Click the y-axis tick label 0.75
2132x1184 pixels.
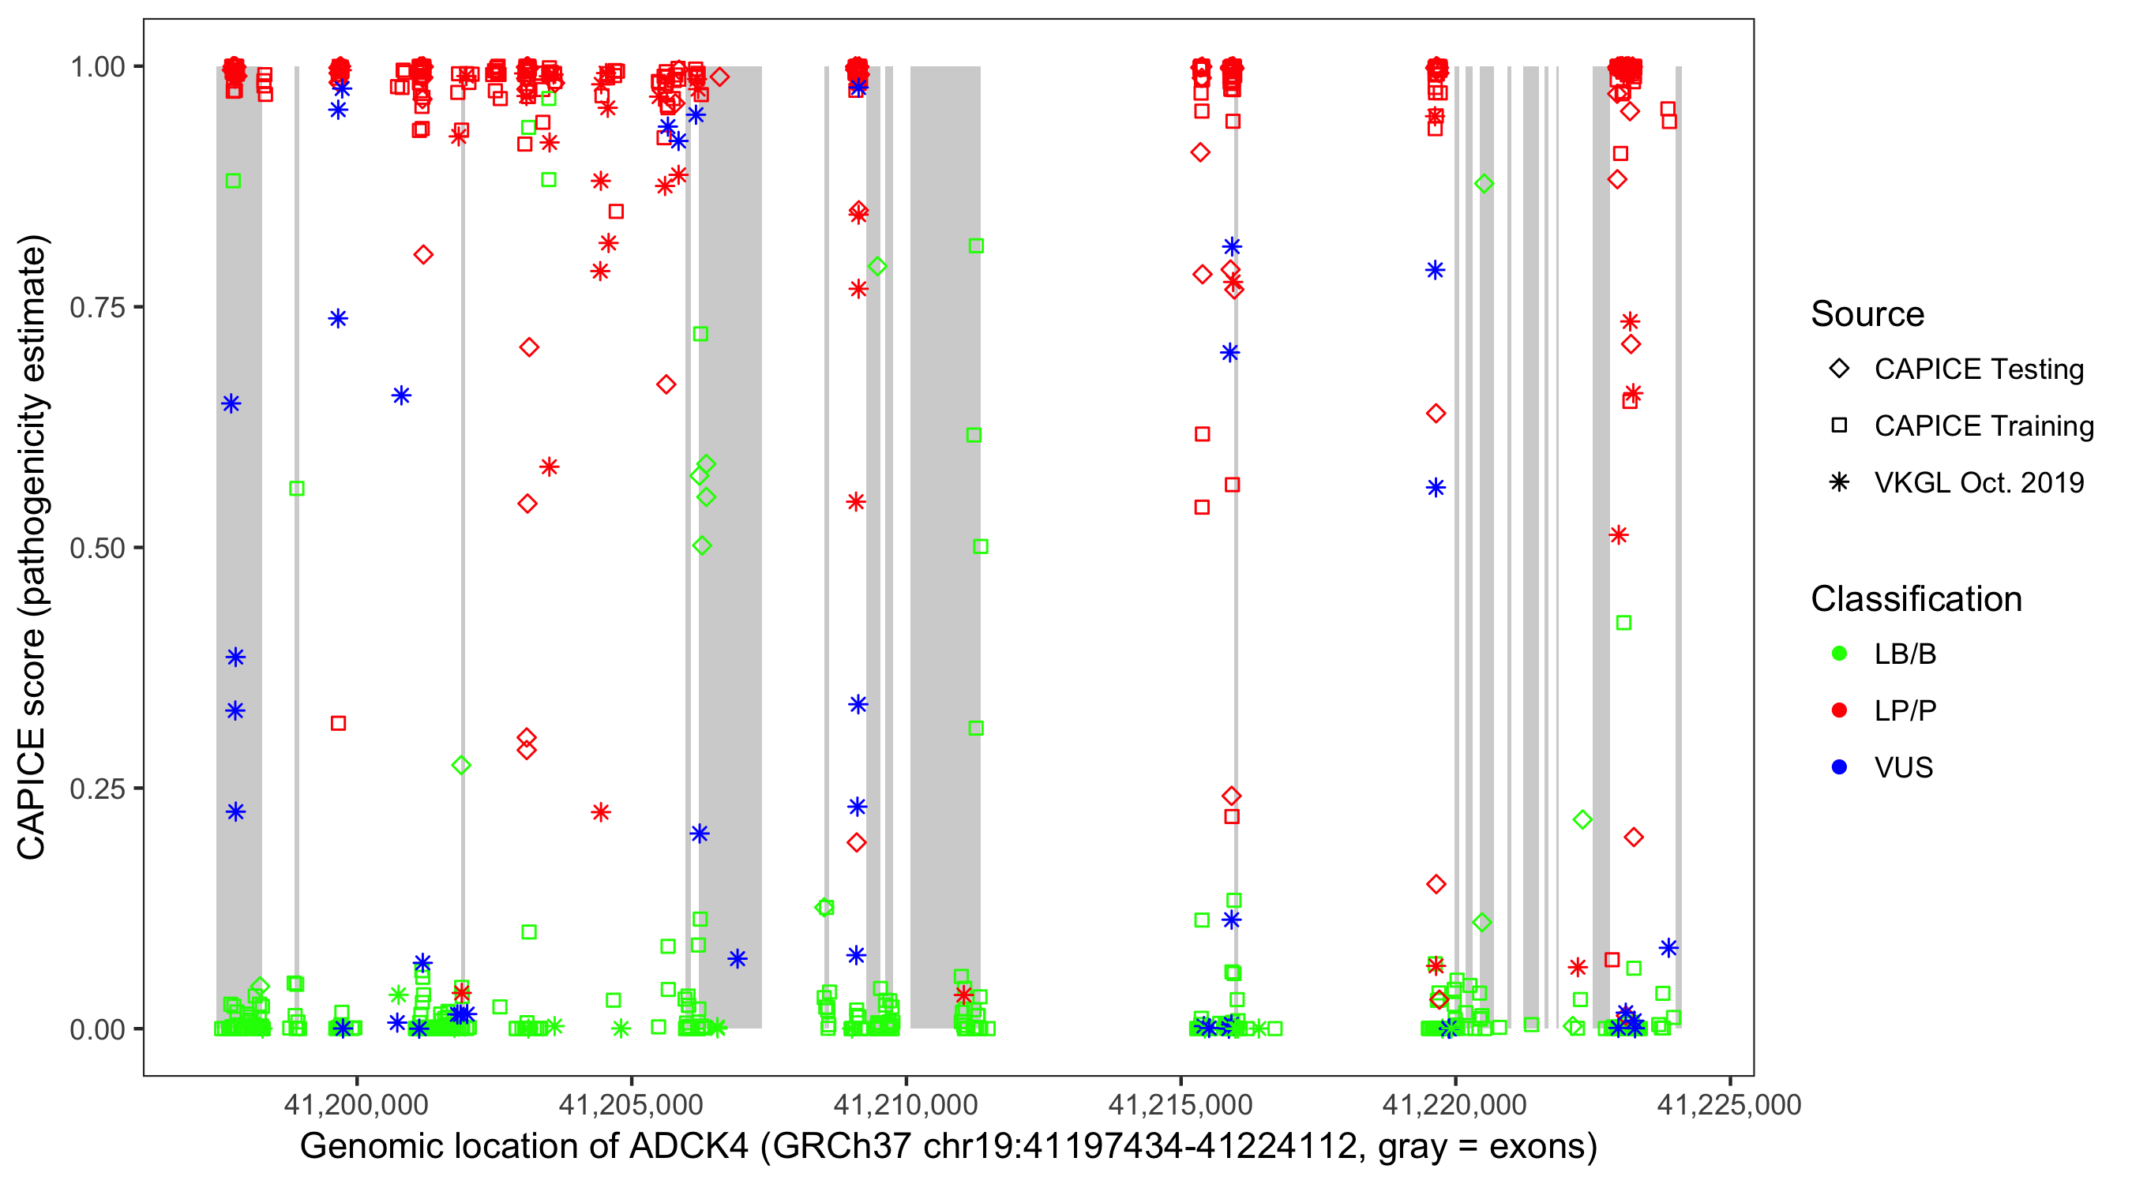[97, 308]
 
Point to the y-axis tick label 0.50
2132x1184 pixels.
[97, 549]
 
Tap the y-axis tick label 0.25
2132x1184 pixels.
[97, 789]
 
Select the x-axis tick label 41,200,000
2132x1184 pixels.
[356, 1104]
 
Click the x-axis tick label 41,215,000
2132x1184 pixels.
[1180, 1104]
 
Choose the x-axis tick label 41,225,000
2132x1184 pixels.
[1729, 1104]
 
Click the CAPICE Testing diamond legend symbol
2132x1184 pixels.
[1839, 369]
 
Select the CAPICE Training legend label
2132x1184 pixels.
[1983, 426]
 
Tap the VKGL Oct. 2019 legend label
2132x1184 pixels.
[1978, 483]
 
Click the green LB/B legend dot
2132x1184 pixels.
[1839, 654]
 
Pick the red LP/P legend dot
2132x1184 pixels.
[1839, 710]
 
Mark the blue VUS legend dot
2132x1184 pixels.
[1839, 768]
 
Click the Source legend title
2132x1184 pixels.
[1867, 314]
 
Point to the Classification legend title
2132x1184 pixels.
[1916, 599]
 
